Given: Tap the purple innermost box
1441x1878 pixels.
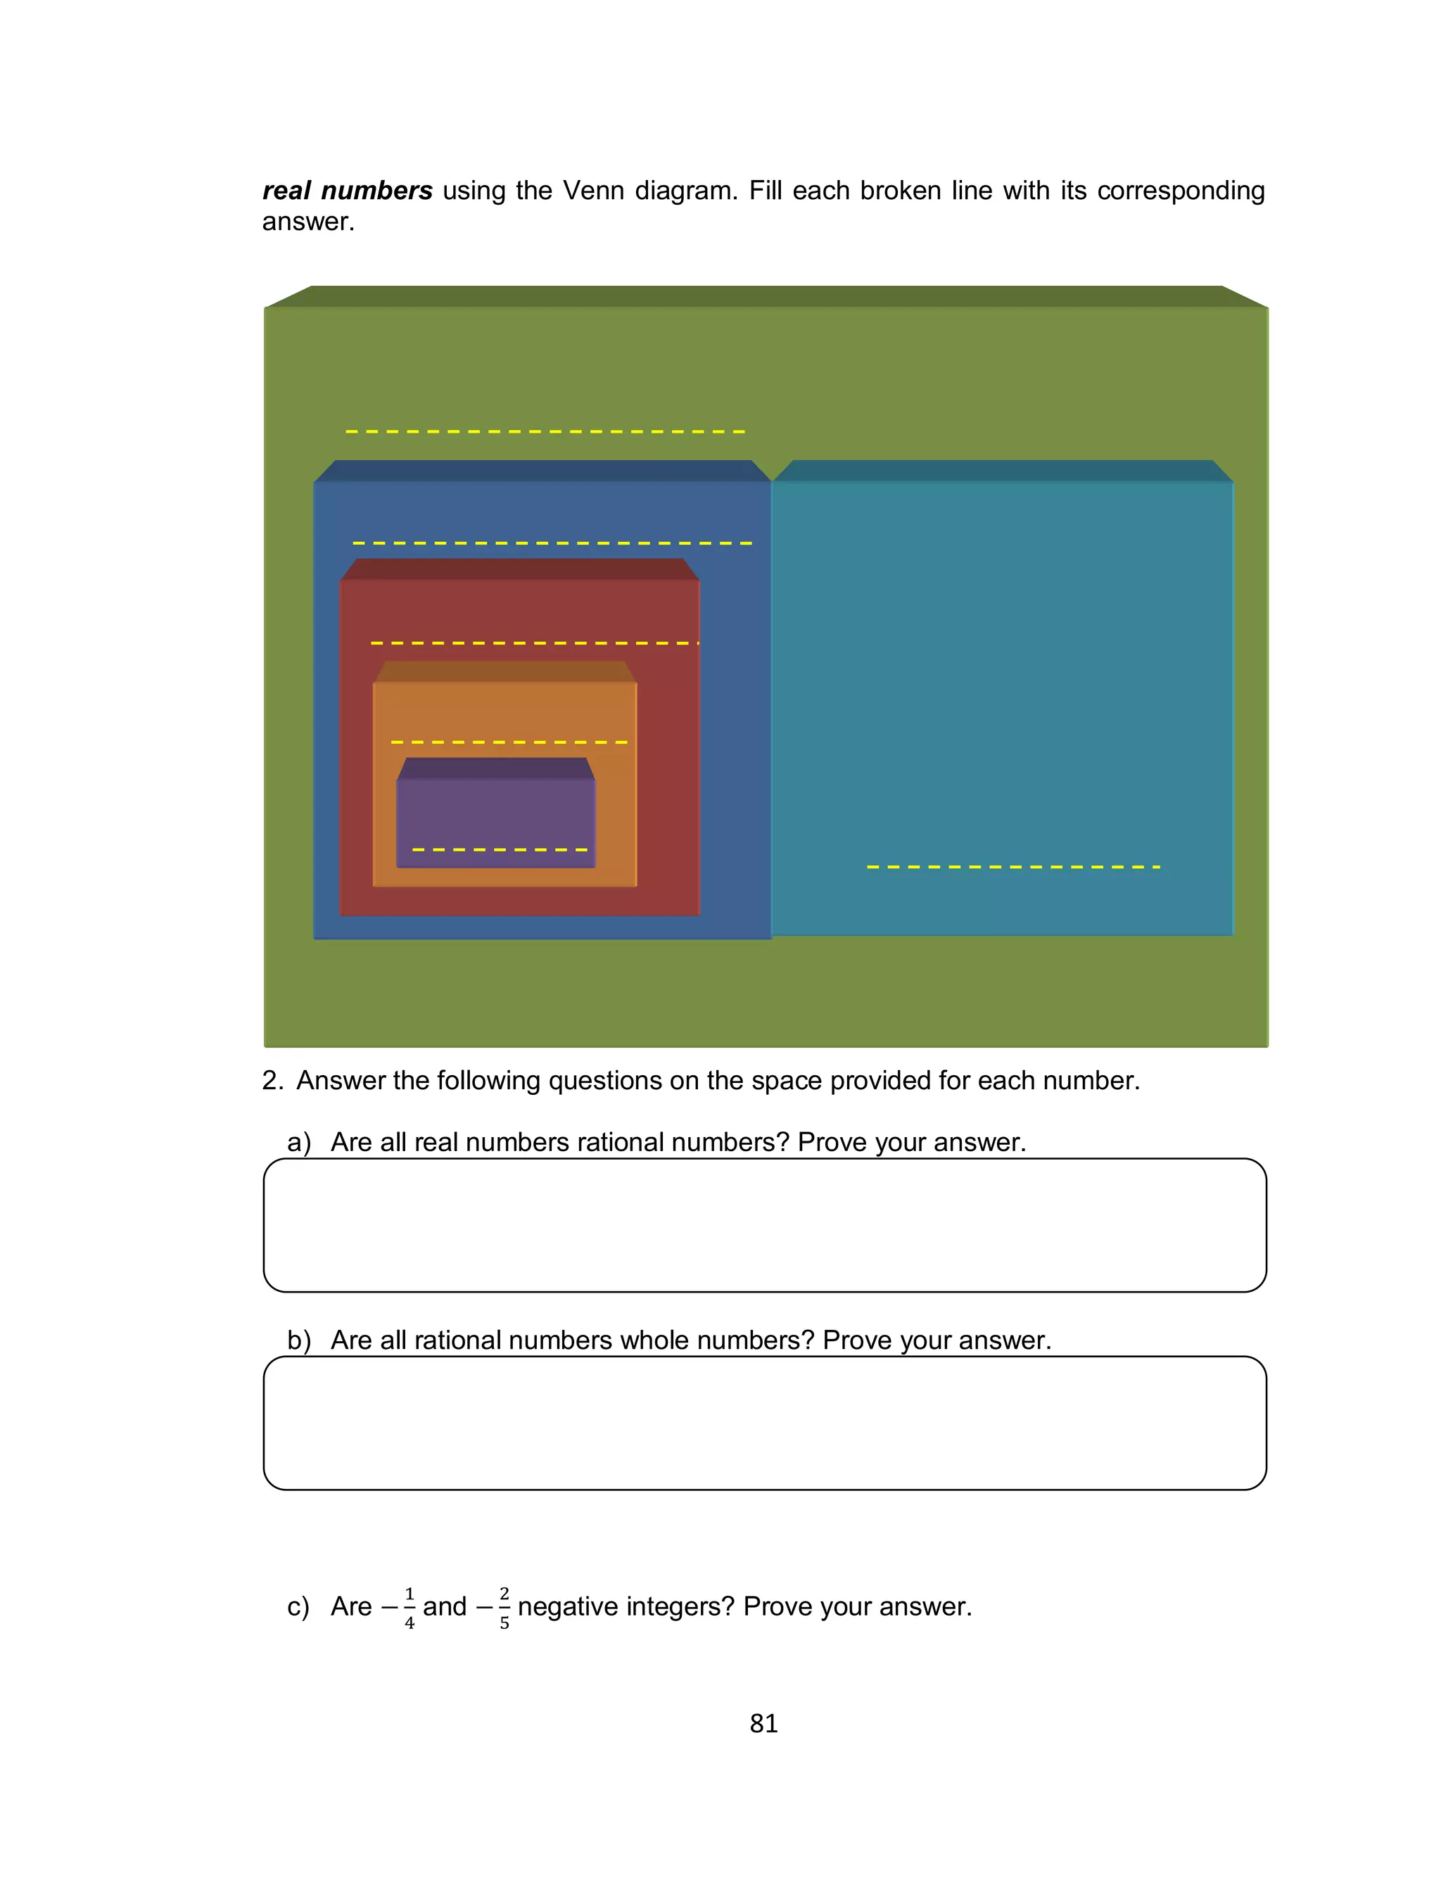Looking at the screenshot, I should click(x=496, y=815).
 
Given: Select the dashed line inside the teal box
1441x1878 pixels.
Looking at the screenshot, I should click(x=1013, y=867).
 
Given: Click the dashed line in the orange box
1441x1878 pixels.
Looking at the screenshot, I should click(x=509, y=742).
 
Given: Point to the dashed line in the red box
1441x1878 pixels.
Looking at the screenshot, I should click(x=533, y=642).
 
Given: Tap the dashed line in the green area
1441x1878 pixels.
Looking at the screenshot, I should click(x=545, y=431).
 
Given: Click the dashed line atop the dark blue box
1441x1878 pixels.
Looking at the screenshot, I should click(x=552, y=543).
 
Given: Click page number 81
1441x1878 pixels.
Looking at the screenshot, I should click(x=763, y=1722).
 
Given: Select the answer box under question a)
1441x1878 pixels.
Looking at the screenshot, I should click(x=764, y=1224).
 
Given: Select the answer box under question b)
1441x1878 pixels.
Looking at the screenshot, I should click(x=764, y=1423).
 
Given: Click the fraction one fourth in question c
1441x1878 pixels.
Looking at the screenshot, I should click(x=409, y=1607).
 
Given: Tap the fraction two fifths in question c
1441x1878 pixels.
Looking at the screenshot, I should click(x=504, y=1607).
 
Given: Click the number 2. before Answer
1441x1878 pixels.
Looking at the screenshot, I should click(x=272, y=1081).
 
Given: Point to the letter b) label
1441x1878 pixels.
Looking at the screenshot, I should click(x=298, y=1340).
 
